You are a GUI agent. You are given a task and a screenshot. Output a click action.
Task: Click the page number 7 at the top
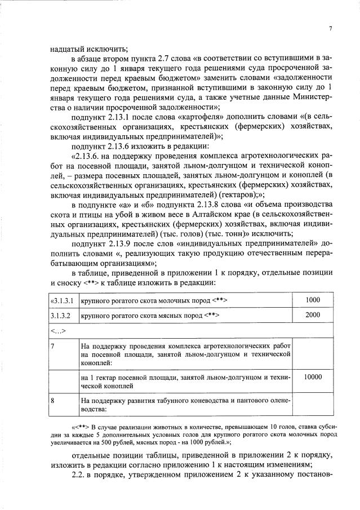[331, 29]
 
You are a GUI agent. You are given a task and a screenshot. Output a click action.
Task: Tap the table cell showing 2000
[312, 315]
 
